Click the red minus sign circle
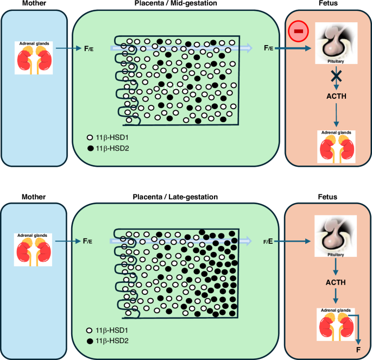298,32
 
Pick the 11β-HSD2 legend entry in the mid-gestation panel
108,148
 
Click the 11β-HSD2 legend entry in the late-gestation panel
108,340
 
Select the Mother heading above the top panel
34,4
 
